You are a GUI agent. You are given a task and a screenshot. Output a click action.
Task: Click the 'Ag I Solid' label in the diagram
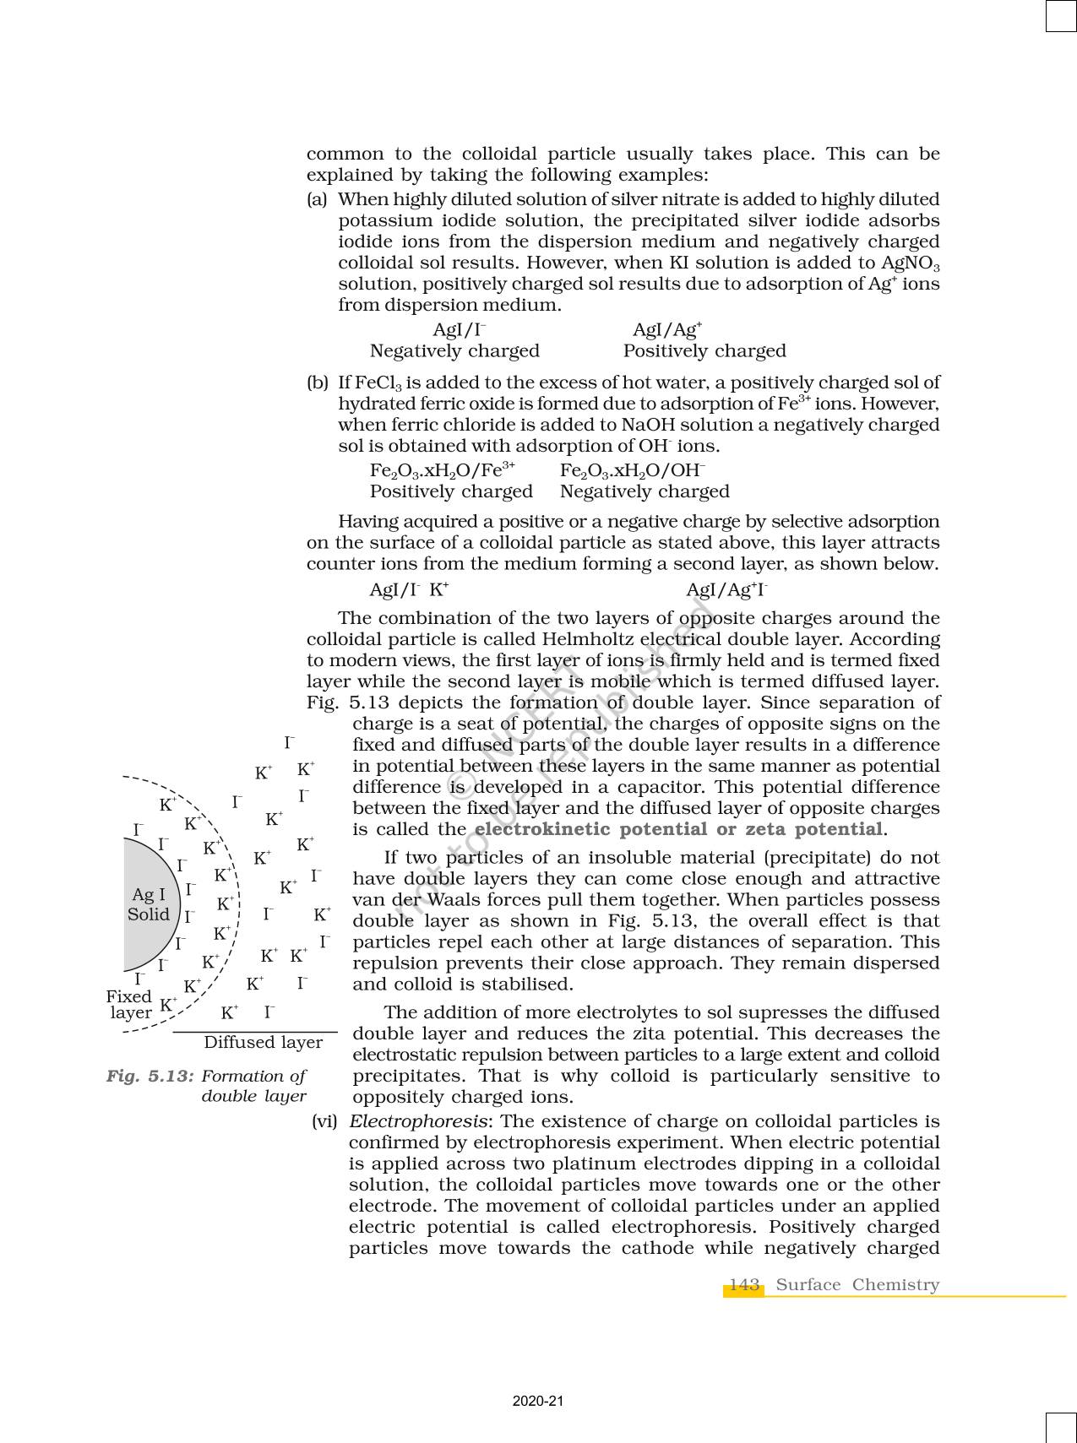pyautogui.click(x=149, y=904)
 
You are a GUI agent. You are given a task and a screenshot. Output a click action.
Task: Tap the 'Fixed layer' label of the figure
pyautogui.click(x=129, y=1004)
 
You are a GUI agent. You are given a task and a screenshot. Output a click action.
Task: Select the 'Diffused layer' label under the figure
pyautogui.click(x=263, y=1042)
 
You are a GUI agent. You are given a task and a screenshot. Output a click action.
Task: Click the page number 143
pyautogui.click(x=743, y=1284)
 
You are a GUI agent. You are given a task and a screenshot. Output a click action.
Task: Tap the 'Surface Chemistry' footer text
pyautogui.click(x=857, y=1284)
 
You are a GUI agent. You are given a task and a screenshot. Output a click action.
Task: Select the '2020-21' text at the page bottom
pyautogui.click(x=537, y=1401)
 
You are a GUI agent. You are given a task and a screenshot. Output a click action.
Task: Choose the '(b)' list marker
pyautogui.click(x=318, y=382)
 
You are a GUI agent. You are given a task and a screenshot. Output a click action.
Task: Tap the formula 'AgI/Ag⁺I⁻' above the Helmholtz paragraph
pyautogui.click(x=726, y=589)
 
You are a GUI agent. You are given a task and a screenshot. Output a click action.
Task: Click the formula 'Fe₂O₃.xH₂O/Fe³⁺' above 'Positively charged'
pyautogui.click(x=442, y=470)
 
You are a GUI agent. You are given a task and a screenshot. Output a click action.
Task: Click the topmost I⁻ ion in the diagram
pyautogui.click(x=289, y=742)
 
